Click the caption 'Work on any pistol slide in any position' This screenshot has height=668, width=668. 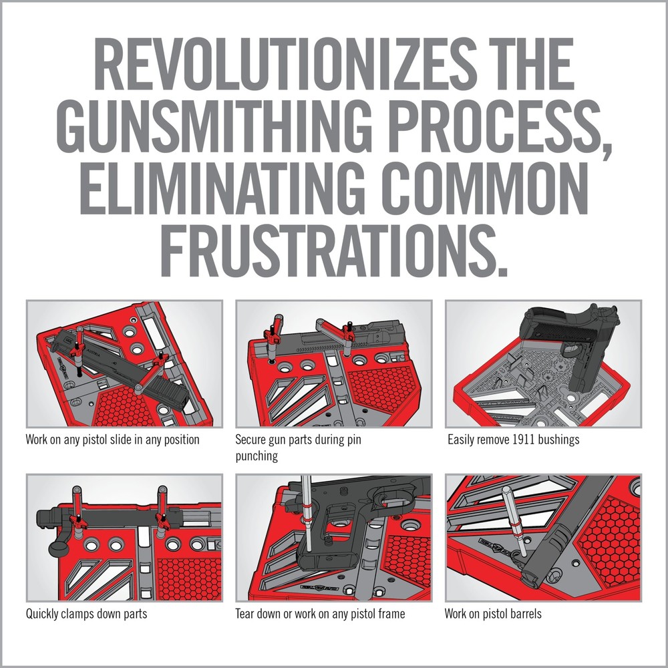point(112,441)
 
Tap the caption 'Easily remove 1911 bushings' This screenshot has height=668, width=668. point(512,441)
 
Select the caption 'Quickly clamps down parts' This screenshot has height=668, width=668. point(86,613)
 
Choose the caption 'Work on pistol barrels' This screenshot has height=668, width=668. point(493,613)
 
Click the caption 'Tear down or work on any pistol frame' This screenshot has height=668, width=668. point(320,613)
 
